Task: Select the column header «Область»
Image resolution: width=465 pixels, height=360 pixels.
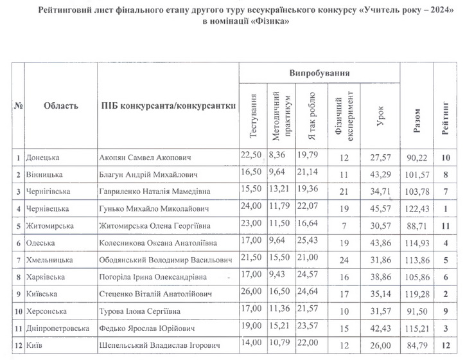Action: pos(61,106)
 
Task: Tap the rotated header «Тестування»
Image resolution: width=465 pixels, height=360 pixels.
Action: pos(252,120)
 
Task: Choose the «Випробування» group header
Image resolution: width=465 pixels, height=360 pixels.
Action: pos(319,73)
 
